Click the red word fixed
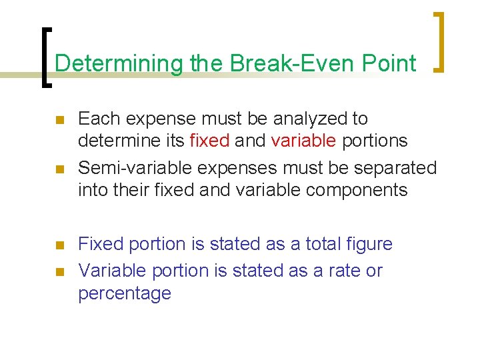(210, 141)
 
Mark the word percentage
(125, 294)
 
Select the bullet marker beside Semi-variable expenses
(59, 169)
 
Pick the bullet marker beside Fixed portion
(59, 245)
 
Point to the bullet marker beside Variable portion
(59, 272)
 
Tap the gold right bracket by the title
(439, 41)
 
